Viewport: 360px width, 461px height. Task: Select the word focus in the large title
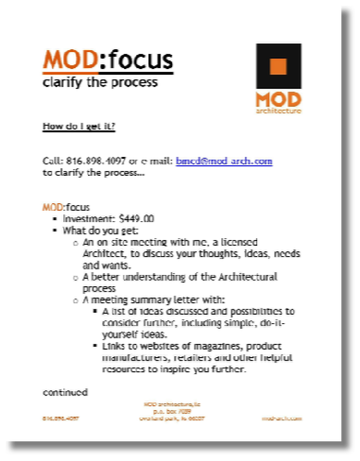point(137,62)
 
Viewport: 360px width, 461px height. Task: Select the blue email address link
point(224,162)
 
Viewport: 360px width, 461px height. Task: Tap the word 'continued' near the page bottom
point(65,391)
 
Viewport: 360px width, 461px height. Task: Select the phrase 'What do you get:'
point(97,230)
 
